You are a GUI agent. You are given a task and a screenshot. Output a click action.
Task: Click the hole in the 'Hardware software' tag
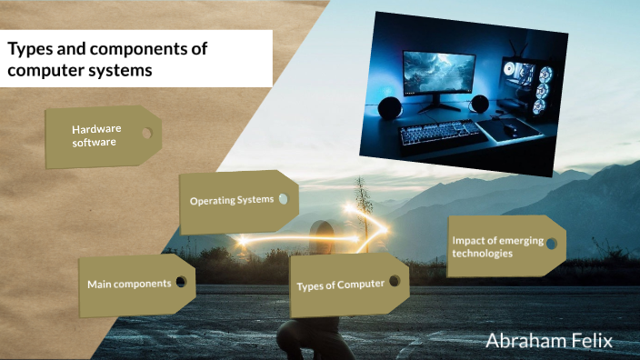(x=145, y=133)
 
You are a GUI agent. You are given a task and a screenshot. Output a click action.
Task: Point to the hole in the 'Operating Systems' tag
(x=283, y=198)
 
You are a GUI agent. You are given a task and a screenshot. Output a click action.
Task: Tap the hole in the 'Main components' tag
(x=181, y=282)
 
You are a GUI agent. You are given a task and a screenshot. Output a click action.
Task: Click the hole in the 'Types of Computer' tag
(x=395, y=282)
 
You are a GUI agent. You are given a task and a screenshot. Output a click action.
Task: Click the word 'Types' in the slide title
(x=28, y=49)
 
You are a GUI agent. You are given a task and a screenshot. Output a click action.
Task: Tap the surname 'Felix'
(x=593, y=341)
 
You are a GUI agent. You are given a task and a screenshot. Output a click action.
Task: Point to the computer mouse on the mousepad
(x=512, y=130)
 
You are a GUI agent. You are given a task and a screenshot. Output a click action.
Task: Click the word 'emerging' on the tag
(x=518, y=240)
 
